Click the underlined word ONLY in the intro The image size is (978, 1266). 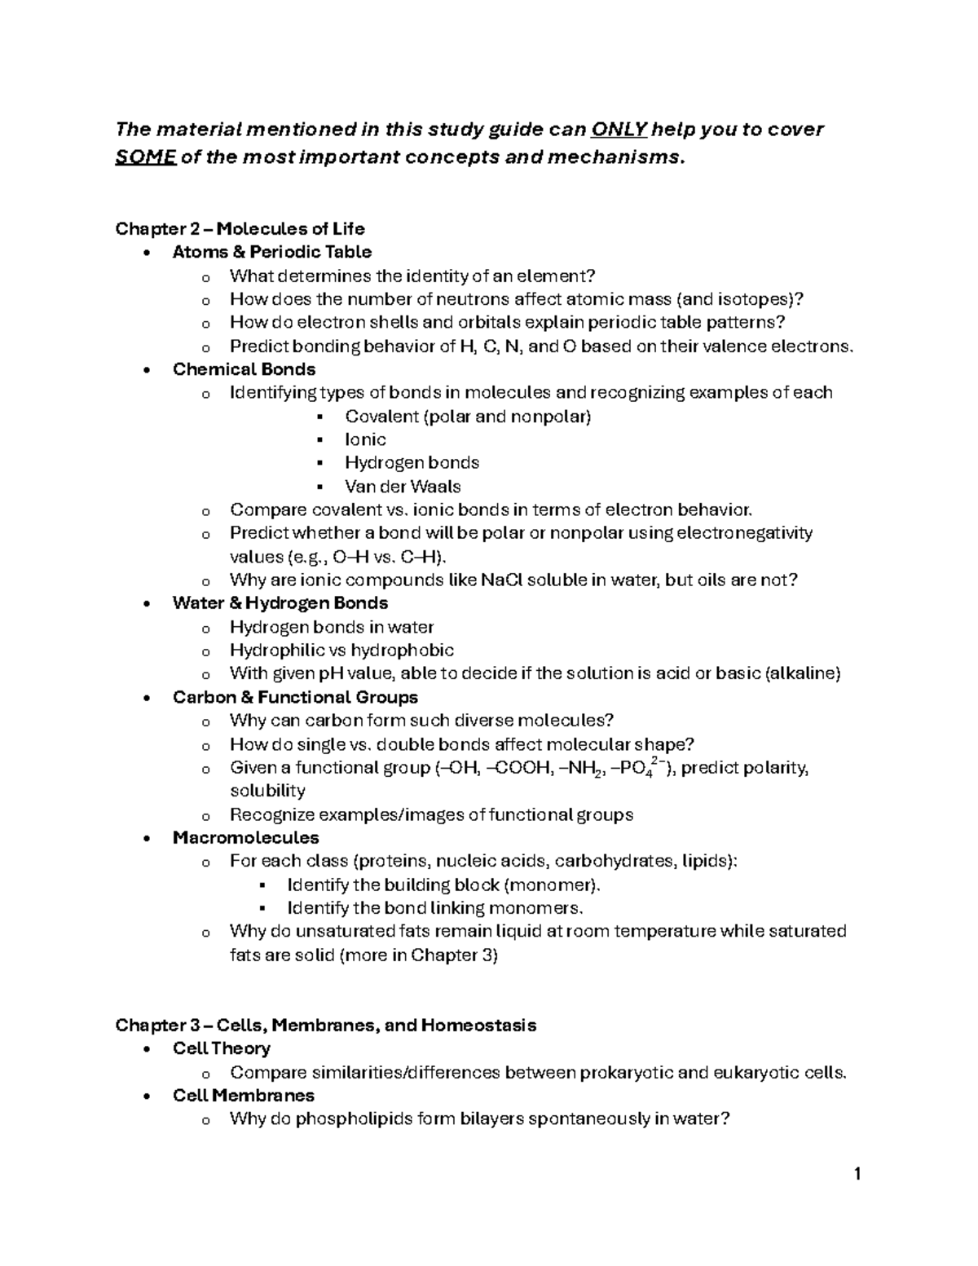620,130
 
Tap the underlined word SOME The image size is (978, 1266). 146,157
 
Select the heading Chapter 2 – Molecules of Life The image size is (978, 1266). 240,228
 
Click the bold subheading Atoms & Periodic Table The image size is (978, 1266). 271,252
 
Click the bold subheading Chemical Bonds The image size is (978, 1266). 244,369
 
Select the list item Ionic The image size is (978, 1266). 365,439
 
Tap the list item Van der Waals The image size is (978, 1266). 403,487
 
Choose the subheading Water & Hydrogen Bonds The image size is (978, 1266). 280,603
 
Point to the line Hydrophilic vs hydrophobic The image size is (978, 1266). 341,651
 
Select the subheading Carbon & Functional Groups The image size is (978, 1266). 295,697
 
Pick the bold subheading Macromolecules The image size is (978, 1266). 245,838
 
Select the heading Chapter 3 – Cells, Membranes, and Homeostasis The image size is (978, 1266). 325,1026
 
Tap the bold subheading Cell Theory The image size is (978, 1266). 221,1048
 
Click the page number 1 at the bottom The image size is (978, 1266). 857,1175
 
